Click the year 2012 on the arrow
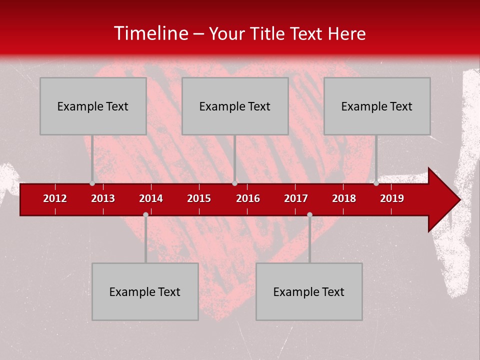[55, 198]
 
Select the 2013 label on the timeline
[103, 198]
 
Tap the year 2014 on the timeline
[151, 198]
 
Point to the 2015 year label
[199, 198]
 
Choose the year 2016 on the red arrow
[248, 198]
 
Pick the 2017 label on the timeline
[296, 198]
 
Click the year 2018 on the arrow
[344, 198]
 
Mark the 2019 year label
[392, 198]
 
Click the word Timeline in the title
[150, 33]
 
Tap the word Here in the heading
[346, 34]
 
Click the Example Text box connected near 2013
[93, 106]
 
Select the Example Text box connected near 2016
[235, 106]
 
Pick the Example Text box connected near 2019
[377, 106]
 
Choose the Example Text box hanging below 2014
[145, 291]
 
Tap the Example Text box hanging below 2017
[309, 291]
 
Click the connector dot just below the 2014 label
[145, 214]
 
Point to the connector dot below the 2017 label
[309, 214]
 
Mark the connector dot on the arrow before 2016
[234, 183]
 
